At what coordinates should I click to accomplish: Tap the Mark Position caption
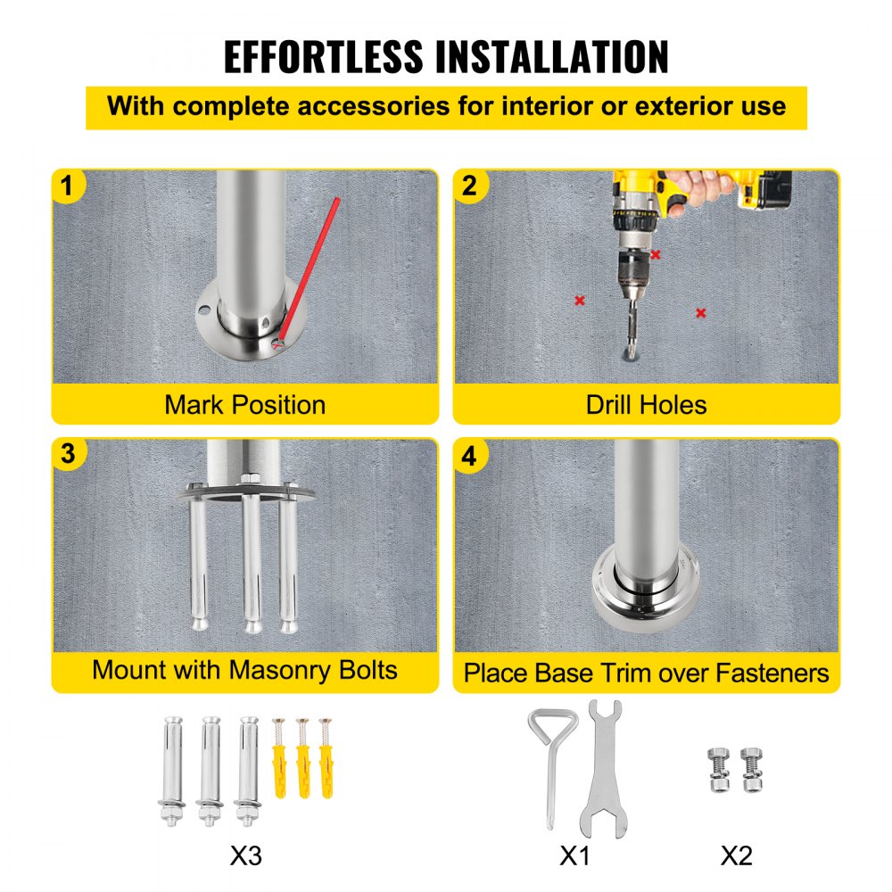(244, 404)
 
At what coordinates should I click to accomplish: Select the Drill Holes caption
(646, 404)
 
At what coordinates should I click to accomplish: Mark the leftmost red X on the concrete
(580, 301)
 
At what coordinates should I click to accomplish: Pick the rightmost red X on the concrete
(700, 312)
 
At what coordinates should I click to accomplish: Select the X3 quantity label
(246, 855)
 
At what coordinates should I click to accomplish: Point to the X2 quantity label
(736, 855)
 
